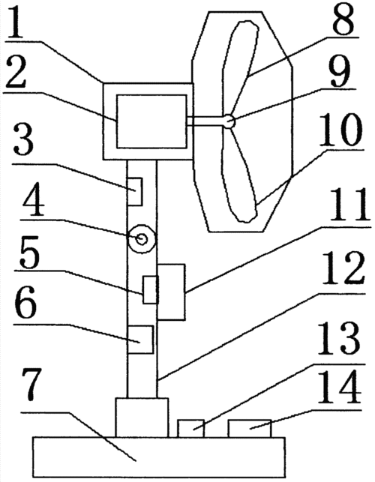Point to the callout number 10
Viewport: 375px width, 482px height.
(340, 130)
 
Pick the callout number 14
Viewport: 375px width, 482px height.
(339, 388)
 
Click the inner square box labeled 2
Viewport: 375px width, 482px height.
(151, 121)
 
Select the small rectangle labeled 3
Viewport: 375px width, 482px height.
(135, 191)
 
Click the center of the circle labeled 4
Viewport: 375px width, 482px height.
(142, 239)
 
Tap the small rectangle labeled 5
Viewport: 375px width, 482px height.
(151, 289)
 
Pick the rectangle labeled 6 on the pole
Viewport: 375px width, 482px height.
(140, 340)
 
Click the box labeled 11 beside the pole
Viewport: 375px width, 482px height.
(171, 292)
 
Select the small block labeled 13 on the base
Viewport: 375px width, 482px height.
(191, 428)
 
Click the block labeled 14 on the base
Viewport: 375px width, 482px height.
(250, 428)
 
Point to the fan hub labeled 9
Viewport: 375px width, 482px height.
(229, 121)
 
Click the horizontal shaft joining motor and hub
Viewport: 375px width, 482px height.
(205, 121)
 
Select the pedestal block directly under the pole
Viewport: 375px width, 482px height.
(142, 418)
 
